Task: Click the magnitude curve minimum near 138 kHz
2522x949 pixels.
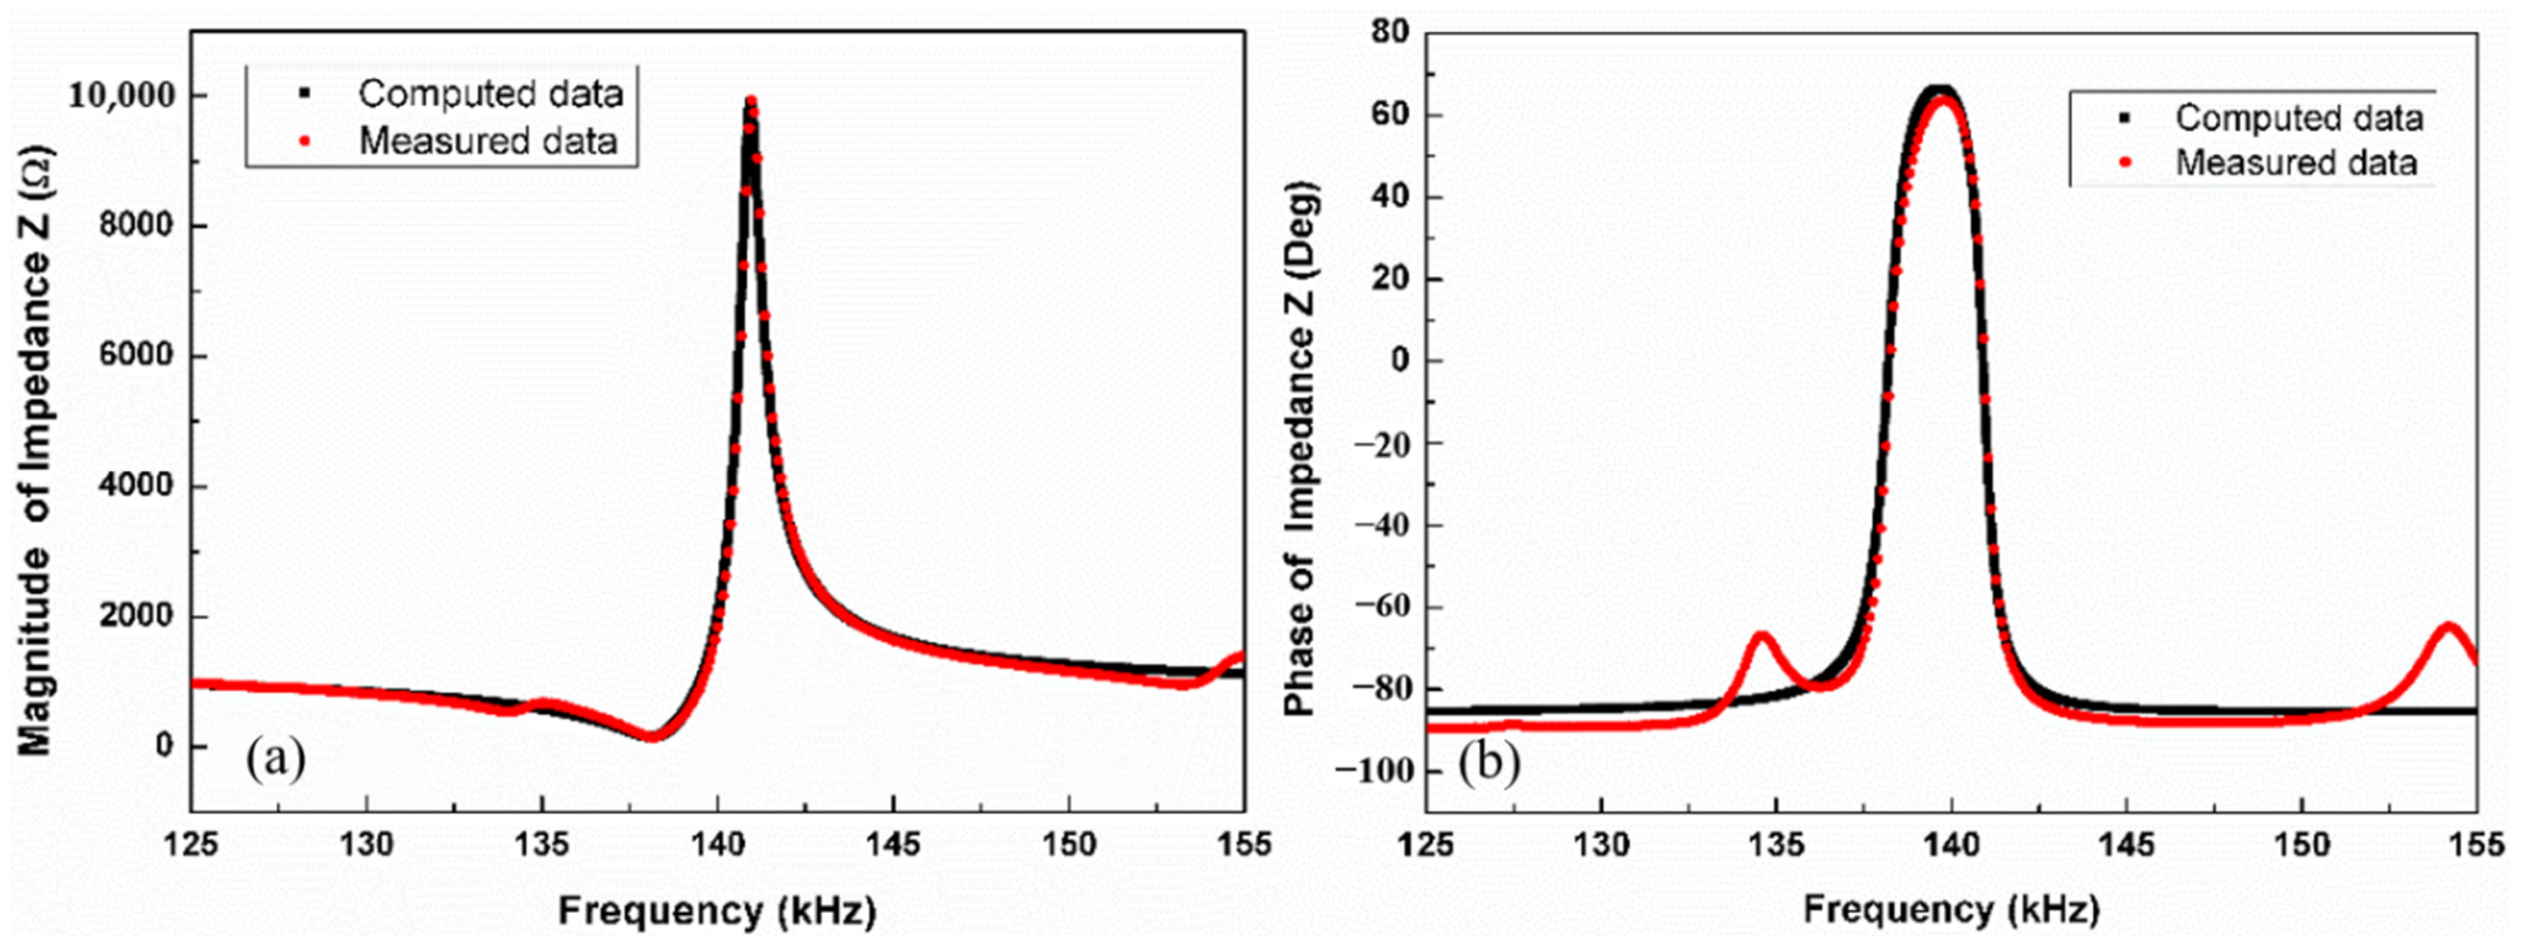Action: (652, 735)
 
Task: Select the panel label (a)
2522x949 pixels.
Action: (276, 758)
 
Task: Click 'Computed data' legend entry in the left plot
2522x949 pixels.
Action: (489, 94)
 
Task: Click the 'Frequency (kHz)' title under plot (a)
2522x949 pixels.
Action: (716, 912)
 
